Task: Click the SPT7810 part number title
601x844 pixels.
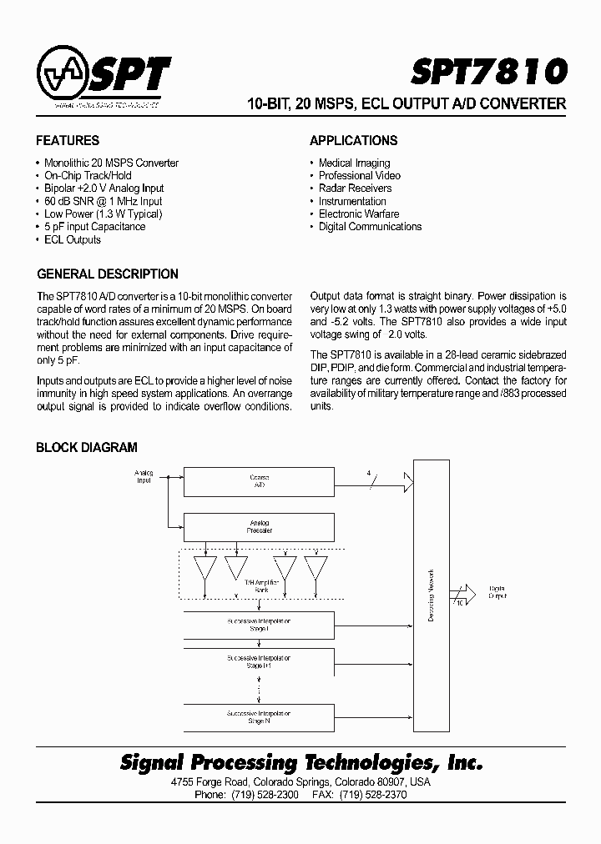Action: [x=488, y=73]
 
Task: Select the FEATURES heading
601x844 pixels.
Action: [x=68, y=141]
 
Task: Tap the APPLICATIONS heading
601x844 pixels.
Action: [x=354, y=141]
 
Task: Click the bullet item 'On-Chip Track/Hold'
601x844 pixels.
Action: [x=88, y=176]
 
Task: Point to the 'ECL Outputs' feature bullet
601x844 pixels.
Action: [x=72, y=239]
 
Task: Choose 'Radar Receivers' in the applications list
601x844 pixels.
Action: [x=355, y=188]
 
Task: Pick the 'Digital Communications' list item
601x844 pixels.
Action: [x=370, y=227]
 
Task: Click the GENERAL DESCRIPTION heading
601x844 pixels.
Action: [x=108, y=274]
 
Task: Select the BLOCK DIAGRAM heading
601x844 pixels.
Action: [x=87, y=448]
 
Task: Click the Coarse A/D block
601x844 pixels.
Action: [x=259, y=480]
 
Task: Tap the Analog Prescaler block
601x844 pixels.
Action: [x=259, y=527]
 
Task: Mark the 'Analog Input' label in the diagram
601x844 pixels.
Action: [x=144, y=477]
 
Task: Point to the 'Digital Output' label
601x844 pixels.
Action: [x=497, y=592]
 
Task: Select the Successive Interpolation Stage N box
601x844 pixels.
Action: [x=259, y=717]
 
